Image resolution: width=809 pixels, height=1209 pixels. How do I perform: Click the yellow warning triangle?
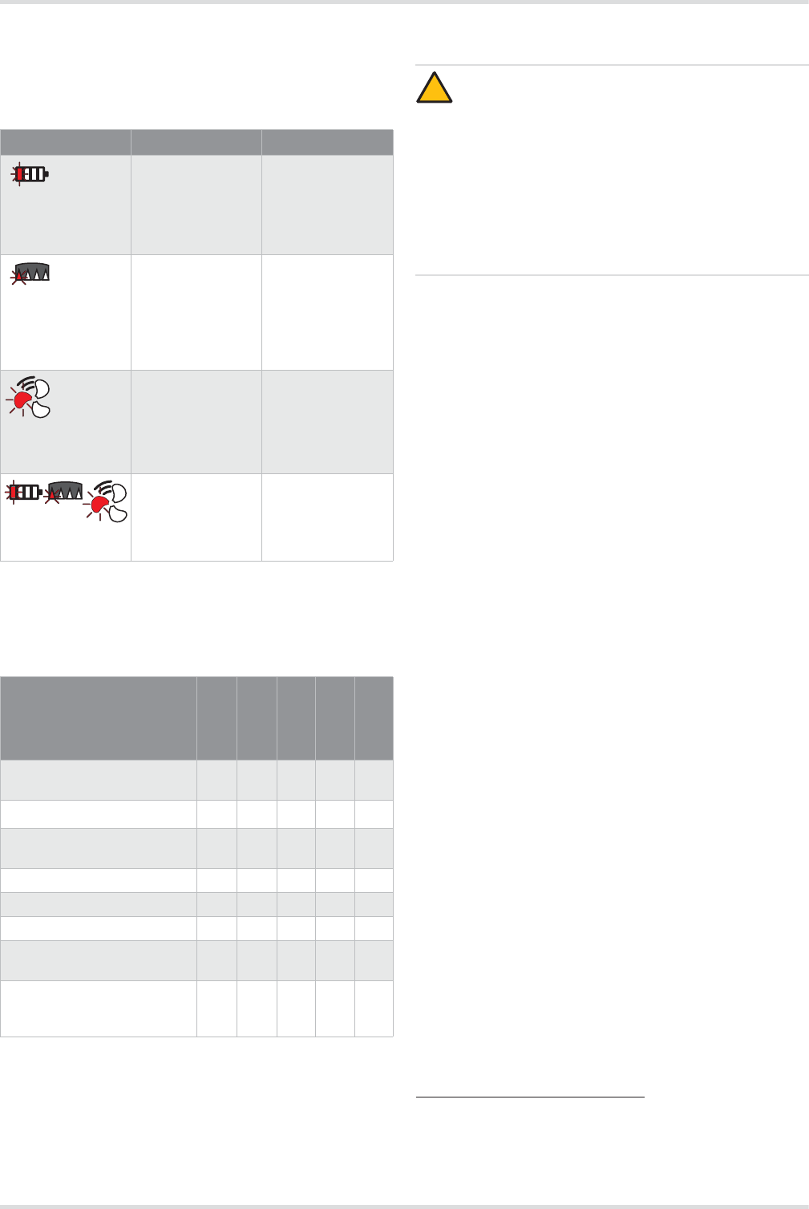pos(434,89)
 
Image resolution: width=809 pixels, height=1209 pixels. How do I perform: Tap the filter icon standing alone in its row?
pos(32,272)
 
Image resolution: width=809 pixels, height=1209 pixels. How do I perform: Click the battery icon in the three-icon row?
pos(24,491)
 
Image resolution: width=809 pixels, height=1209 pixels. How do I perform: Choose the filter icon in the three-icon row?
pos(64,491)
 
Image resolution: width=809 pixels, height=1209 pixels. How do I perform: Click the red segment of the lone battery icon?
pos(21,174)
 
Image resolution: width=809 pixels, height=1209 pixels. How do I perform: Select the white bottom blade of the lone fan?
pos(40,409)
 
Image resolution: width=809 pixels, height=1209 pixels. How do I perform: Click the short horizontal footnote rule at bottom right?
pos(531,1096)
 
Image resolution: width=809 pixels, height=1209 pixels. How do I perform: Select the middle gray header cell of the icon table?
pos(196,142)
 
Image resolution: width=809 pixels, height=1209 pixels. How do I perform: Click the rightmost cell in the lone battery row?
pos(327,205)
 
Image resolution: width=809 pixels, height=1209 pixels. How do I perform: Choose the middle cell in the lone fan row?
pos(196,421)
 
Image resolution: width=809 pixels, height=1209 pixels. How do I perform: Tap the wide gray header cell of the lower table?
pos(99,718)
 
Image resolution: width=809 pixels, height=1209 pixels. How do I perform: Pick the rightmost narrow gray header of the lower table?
pos(374,718)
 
